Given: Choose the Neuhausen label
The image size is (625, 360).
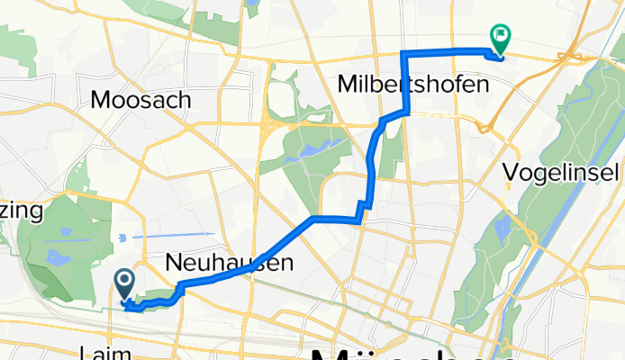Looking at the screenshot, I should (x=230, y=263).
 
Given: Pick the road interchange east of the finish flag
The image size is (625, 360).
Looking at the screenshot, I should (x=571, y=56).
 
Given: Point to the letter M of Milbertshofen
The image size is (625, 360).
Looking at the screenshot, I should (x=349, y=85).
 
